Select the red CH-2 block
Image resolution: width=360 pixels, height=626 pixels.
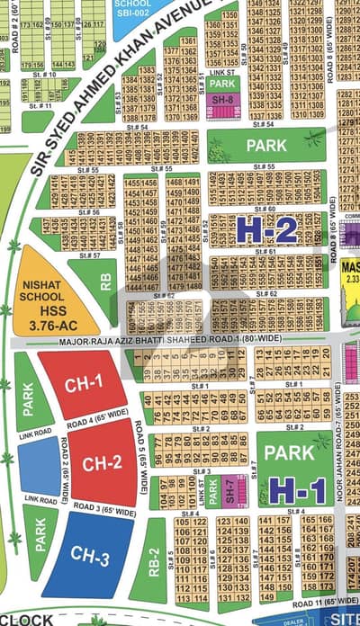(x=102, y=465)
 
